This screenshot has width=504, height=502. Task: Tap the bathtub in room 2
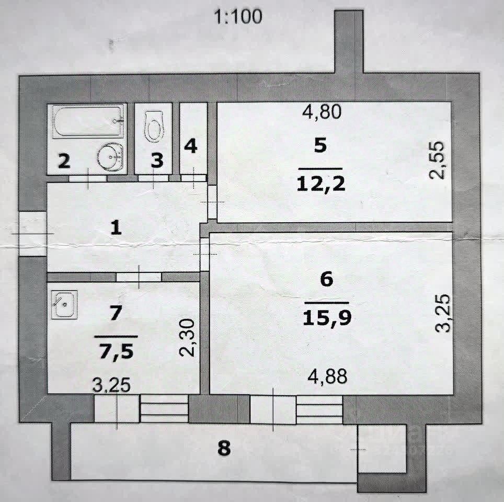[x=87, y=121]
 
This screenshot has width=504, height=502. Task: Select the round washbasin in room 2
[x=110, y=155]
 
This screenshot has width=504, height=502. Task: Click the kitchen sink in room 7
[x=64, y=303]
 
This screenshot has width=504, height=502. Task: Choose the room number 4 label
[x=191, y=146]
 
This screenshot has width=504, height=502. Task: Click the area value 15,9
[x=326, y=317]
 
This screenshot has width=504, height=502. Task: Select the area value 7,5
[x=116, y=349]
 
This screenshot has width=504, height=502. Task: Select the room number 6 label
[x=326, y=279]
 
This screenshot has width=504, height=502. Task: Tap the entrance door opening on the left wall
[x=32, y=233]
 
